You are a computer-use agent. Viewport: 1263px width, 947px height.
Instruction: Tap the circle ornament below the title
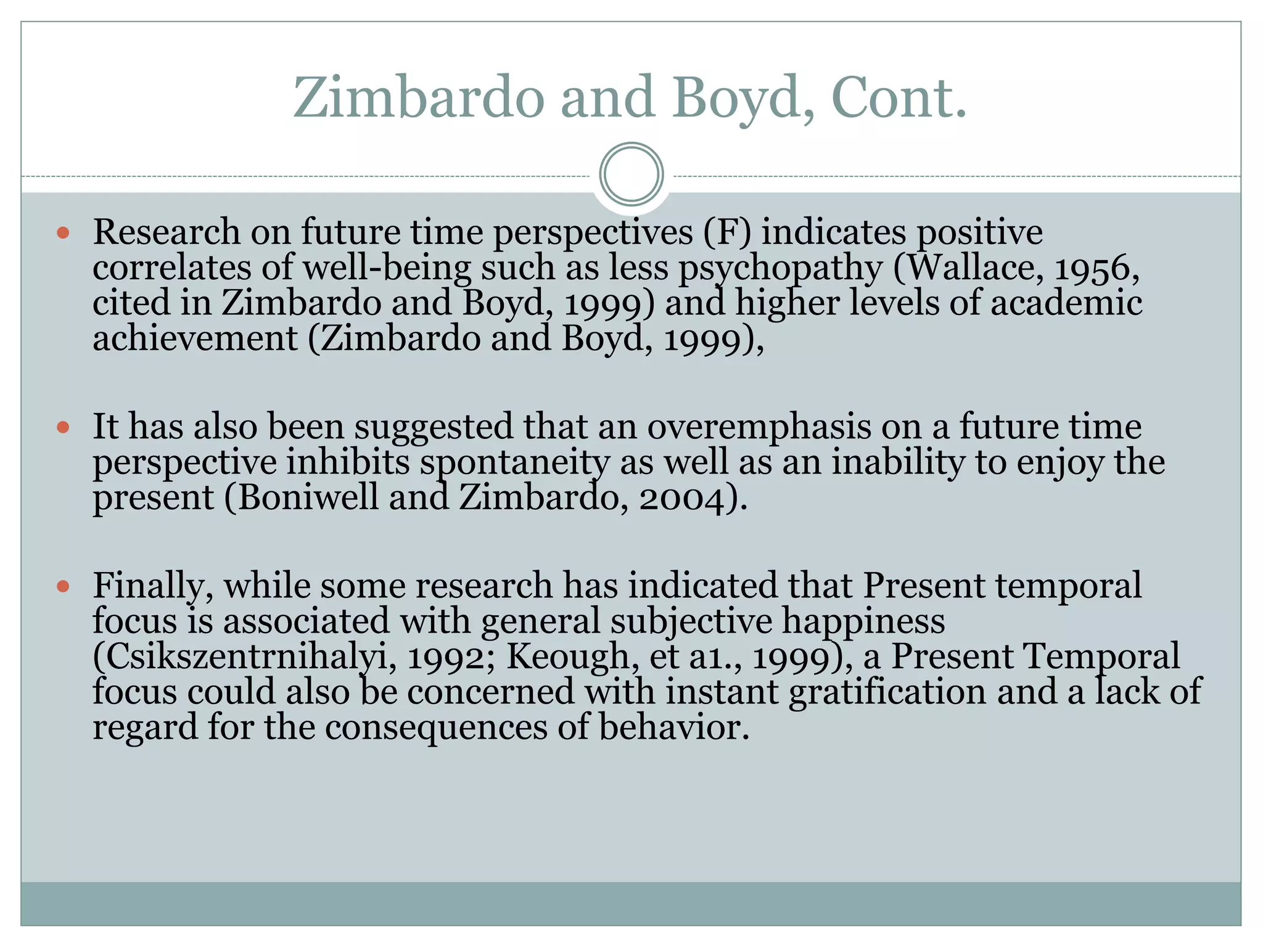tap(631, 174)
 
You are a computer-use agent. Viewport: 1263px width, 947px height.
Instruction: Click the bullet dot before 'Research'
tap(63, 232)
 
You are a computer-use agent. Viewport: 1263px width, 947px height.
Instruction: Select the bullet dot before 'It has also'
tap(63, 427)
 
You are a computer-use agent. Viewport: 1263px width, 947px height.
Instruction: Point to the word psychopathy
tap(780, 269)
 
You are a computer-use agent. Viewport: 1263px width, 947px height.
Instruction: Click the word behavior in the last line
tap(673, 728)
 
